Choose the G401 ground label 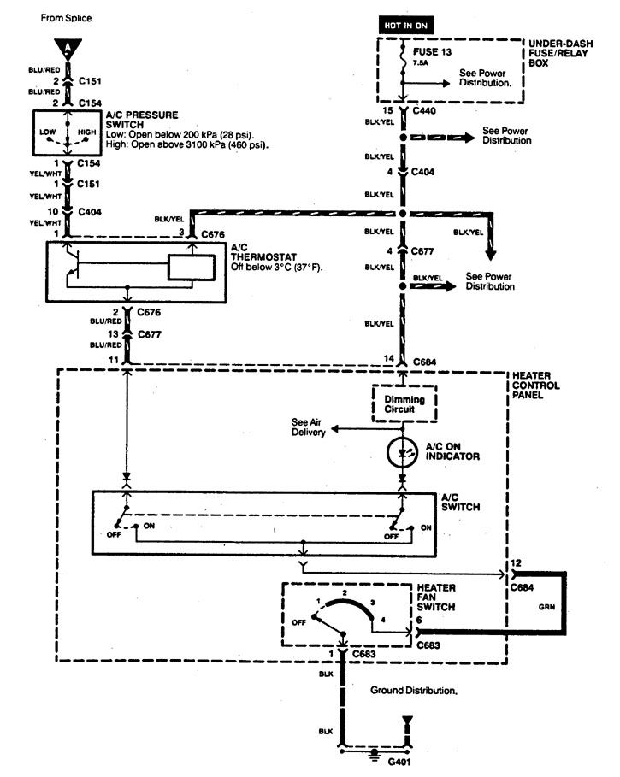pyautogui.click(x=375, y=764)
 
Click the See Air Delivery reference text pyautogui.click(x=309, y=427)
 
